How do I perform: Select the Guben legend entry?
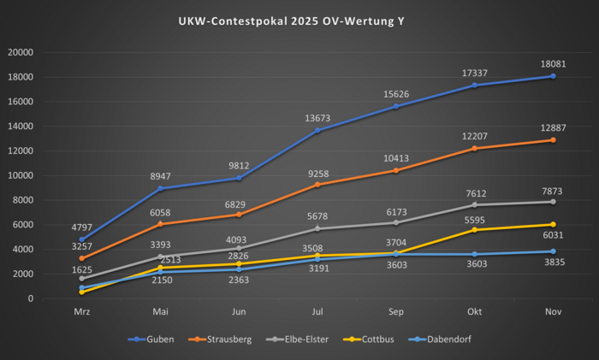[x=158, y=339]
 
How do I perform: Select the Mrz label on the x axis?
[x=82, y=313]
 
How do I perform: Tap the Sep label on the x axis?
[x=396, y=313]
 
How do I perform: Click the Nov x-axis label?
[x=553, y=313]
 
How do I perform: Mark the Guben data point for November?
[x=553, y=76]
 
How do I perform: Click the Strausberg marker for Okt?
[x=475, y=149]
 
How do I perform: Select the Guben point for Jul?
[x=317, y=130]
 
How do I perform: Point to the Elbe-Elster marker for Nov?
[x=553, y=202]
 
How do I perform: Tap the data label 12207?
[x=475, y=136]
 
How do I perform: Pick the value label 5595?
[x=475, y=219]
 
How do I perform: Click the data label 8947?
[x=161, y=176]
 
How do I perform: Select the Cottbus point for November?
[x=553, y=224]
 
